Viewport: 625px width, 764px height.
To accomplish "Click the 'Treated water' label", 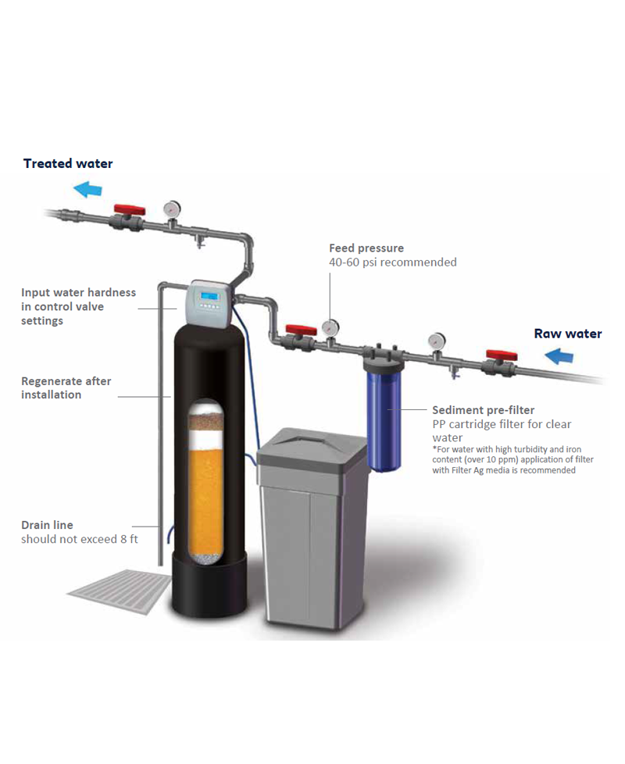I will tap(68, 163).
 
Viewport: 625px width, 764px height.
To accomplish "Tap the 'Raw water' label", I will tap(567, 334).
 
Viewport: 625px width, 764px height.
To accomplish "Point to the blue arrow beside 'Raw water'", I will tap(559, 357).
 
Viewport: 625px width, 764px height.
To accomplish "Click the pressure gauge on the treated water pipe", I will tap(171, 209).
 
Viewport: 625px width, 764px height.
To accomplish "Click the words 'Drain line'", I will tap(47, 525).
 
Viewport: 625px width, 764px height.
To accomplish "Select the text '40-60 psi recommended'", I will tap(392, 262).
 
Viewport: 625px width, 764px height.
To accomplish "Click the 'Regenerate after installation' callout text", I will tap(66, 387).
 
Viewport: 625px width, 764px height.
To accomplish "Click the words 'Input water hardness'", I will tap(78, 292).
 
